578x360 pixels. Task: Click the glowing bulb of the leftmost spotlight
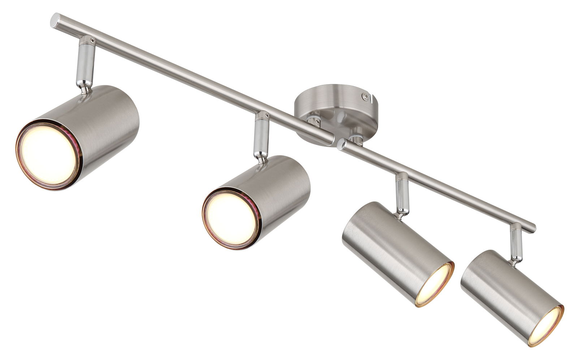pyautogui.click(x=48, y=155)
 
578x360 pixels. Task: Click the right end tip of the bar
pyautogui.click(x=533, y=228)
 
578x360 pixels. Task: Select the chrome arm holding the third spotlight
pyautogui.click(x=401, y=193)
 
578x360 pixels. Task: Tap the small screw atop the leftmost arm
pyautogui.click(x=92, y=41)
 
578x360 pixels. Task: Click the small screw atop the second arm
pyautogui.click(x=267, y=116)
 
